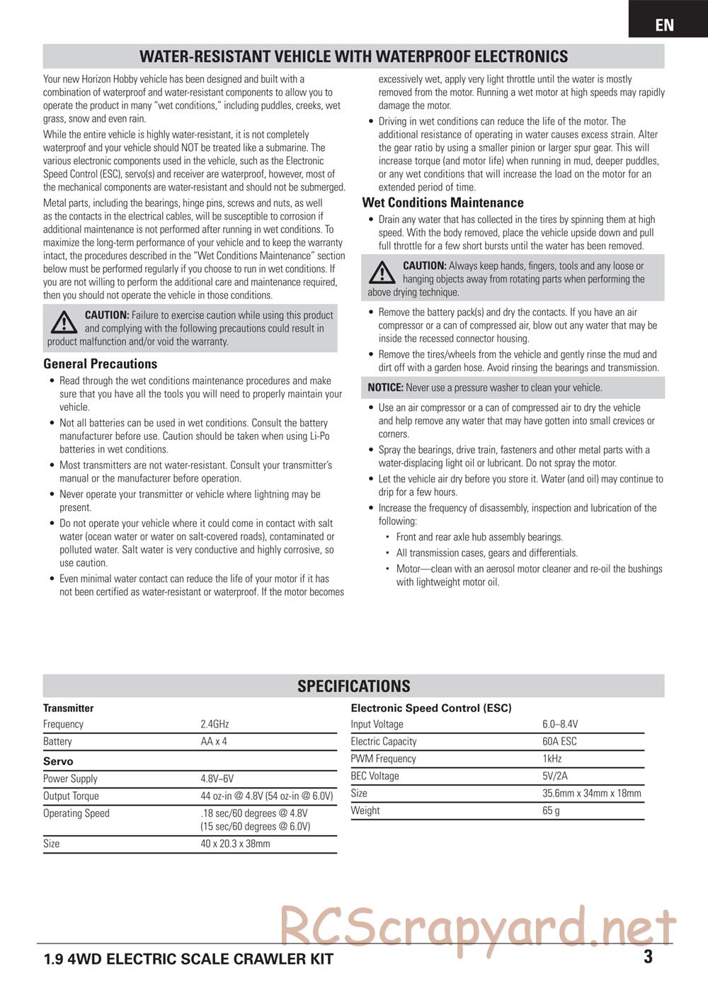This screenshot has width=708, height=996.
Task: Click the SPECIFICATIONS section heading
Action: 353,686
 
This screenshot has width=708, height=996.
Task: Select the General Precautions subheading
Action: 100,363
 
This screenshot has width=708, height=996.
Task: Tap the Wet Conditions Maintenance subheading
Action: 442,203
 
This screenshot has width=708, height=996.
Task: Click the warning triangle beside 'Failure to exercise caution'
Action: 64,322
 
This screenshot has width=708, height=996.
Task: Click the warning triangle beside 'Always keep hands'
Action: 382,272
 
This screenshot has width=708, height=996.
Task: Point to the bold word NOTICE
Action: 385,387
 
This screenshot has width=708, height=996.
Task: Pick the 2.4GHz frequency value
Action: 215,724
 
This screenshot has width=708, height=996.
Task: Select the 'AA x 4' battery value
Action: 214,741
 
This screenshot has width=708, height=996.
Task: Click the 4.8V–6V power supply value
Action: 217,779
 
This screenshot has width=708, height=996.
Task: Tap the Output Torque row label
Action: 71,796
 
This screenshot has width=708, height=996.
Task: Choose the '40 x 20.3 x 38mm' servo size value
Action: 235,844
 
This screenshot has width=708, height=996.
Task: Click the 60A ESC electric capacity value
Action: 559,741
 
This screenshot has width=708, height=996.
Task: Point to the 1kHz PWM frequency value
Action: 552,759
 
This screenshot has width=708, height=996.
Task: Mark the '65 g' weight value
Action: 551,810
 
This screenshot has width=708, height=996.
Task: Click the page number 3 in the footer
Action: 648,957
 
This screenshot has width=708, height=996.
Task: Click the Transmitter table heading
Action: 68,708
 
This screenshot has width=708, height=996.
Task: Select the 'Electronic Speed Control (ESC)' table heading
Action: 430,708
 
